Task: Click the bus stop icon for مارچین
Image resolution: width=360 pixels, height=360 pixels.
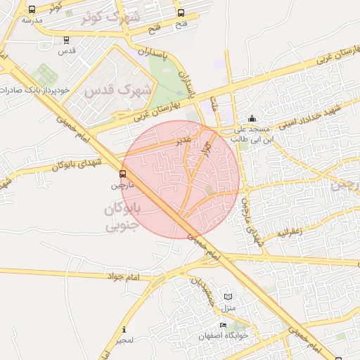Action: click(x=123, y=173)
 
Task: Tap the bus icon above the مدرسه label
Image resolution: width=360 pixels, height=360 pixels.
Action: click(x=32, y=10)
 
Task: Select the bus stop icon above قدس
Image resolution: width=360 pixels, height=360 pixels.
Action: click(x=66, y=40)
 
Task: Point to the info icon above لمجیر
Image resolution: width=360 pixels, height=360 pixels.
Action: click(x=124, y=329)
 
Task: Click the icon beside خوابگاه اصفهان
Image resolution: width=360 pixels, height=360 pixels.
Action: click(x=223, y=326)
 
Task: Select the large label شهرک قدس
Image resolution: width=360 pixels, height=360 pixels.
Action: click(x=118, y=91)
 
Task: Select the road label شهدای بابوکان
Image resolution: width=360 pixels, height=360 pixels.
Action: click(x=77, y=165)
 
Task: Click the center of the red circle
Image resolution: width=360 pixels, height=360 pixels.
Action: click(x=181, y=179)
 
